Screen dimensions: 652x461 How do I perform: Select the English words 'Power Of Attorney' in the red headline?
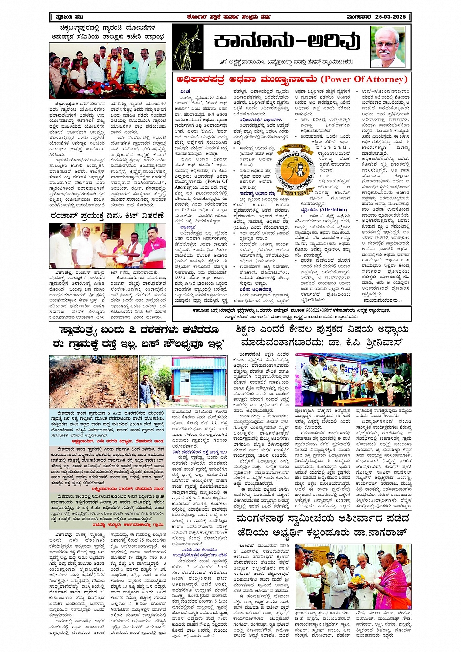pyautogui.click(x=364, y=79)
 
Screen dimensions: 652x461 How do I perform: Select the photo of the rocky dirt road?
pyautogui.click(x=93, y=381)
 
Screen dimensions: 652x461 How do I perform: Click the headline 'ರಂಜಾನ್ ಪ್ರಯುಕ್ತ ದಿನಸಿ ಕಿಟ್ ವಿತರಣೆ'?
pyautogui.click(x=108, y=215)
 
